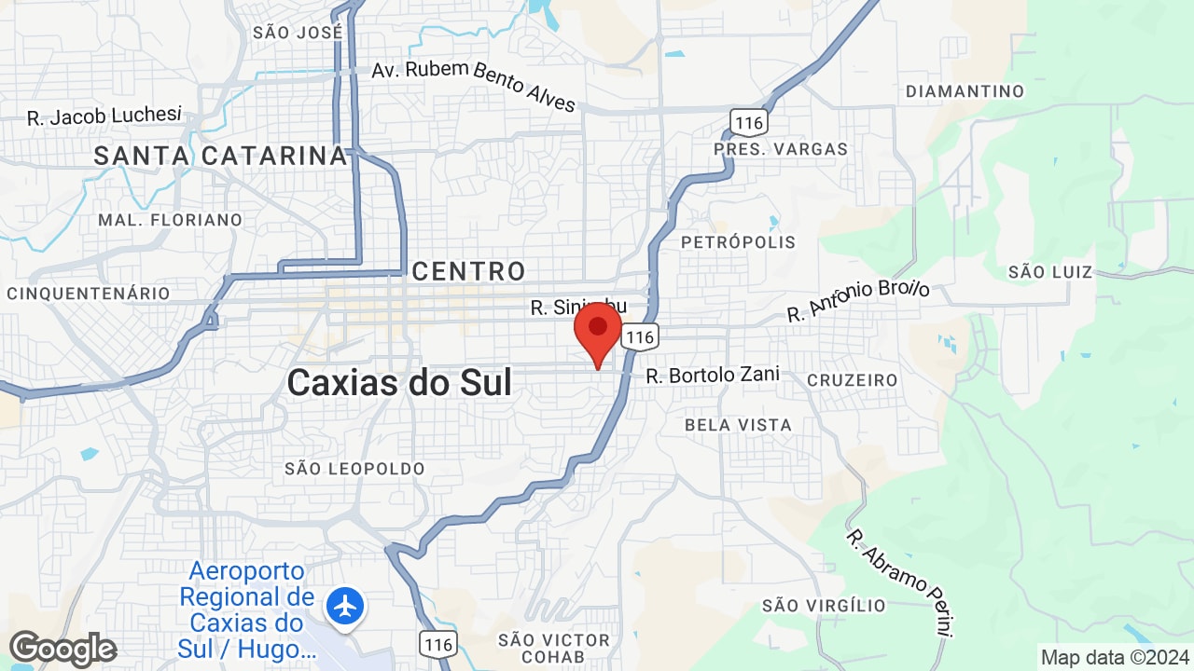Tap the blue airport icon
345,607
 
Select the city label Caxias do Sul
399,382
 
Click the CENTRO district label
469,271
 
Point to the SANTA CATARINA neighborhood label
221,156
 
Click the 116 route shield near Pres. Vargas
748,121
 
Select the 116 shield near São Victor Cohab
437,643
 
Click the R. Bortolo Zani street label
713,376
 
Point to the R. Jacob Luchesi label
104,116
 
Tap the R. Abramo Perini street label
900,583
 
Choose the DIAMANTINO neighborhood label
965,91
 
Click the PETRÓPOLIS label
739,242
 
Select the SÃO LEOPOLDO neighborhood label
355,469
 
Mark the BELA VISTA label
738,425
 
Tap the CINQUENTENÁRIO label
89,294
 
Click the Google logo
62,649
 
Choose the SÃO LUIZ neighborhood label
1050,272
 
